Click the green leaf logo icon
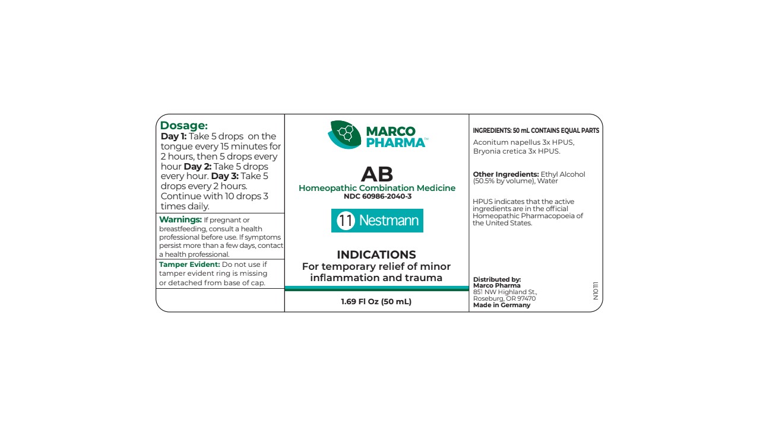point(344,134)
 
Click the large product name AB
point(377,174)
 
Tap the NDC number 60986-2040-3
point(377,196)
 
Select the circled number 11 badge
point(346,221)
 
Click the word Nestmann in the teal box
point(389,221)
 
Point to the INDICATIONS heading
point(376,255)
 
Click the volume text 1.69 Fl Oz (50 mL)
point(376,301)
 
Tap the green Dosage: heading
point(184,126)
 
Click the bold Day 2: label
point(198,167)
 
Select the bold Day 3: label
point(225,176)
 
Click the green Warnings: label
point(180,220)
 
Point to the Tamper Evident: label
point(189,265)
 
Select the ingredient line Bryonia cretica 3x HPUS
point(517,151)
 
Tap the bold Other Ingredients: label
point(506,174)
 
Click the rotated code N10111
point(596,291)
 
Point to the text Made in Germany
point(502,305)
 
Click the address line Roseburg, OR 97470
point(504,299)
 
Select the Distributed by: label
point(497,279)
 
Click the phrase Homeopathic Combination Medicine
point(377,188)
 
